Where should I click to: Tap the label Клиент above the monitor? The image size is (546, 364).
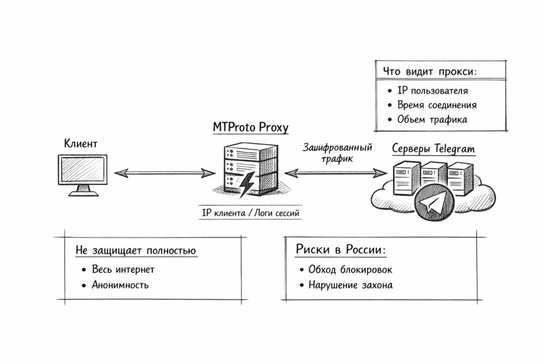[81, 145]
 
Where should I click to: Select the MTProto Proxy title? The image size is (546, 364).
[251, 128]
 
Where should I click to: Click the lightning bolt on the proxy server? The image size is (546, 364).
[247, 183]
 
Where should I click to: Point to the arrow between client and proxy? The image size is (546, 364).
[165, 173]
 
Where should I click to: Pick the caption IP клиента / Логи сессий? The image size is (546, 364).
[251, 213]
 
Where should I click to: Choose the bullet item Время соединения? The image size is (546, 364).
[437, 105]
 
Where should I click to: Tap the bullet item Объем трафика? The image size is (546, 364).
[432, 120]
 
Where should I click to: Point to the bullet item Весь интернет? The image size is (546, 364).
[123, 270]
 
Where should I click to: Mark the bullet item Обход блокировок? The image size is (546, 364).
[350, 270]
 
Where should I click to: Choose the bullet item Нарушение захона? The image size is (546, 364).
[350, 285]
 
